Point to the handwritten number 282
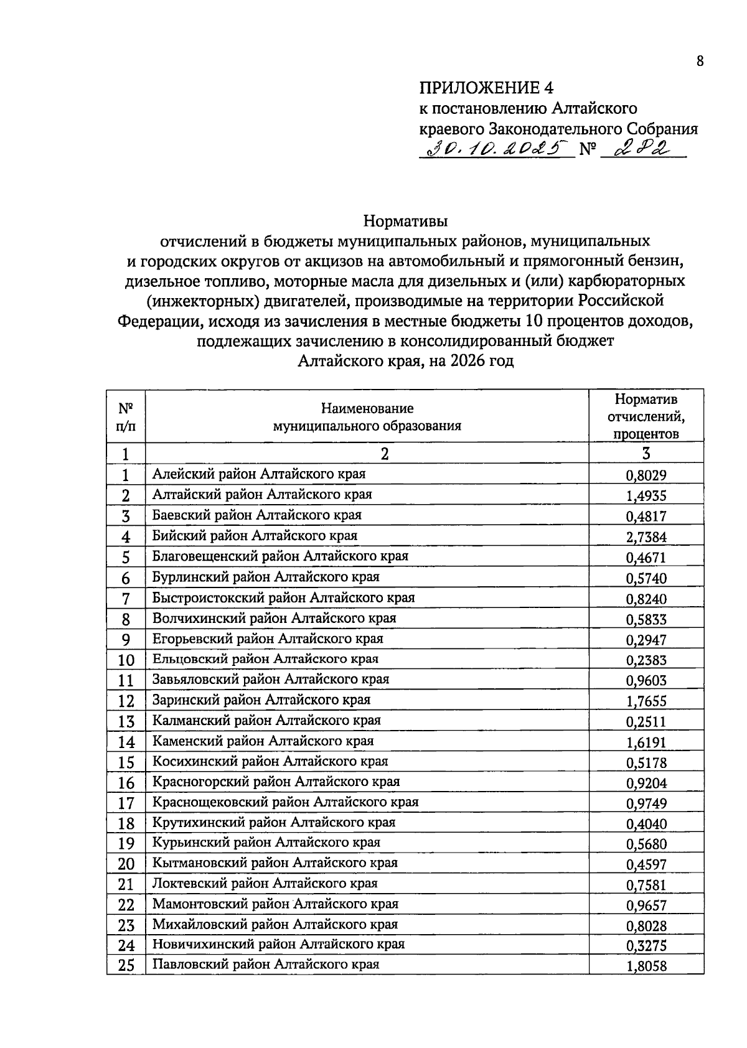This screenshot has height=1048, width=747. pyautogui.click(x=636, y=149)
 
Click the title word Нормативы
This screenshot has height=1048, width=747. pyautogui.click(x=406, y=221)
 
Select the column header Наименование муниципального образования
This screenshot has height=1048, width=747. pyautogui.click(x=367, y=417)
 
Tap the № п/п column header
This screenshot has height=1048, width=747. pyautogui.click(x=126, y=417)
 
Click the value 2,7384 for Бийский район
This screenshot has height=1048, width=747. pyautogui.click(x=646, y=537)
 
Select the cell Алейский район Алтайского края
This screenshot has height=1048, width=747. pyautogui.click(x=259, y=474)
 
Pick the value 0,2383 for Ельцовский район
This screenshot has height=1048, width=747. pyautogui.click(x=646, y=660)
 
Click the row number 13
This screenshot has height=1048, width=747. pyautogui.click(x=126, y=722)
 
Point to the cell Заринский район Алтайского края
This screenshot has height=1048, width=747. pyautogui.click(x=261, y=700)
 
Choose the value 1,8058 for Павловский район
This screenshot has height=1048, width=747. pyautogui.click(x=646, y=967)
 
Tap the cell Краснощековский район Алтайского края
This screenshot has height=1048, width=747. pyautogui.click(x=285, y=802)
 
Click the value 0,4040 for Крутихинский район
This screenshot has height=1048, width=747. pyautogui.click(x=646, y=824)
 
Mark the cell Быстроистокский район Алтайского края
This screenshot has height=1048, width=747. pyautogui.click(x=283, y=598)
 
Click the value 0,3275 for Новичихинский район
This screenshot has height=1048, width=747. pyautogui.click(x=646, y=946)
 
